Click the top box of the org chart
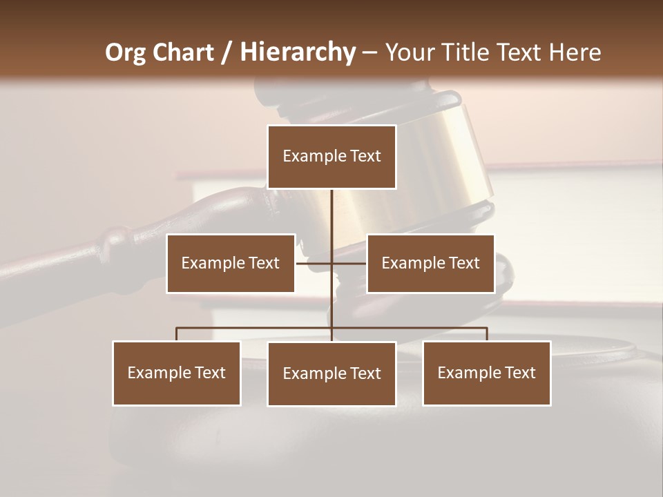coord(331,157)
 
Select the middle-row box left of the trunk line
coord(231,263)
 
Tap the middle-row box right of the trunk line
coord(430,263)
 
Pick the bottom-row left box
coord(177,373)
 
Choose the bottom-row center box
coord(331,373)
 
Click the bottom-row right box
coord(486,373)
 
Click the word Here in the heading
coord(575,52)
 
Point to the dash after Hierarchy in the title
coord(369,52)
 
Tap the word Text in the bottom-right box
coord(519,373)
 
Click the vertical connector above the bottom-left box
coord(177,334)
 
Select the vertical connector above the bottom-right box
coord(486,334)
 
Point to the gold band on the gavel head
coord(442,166)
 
